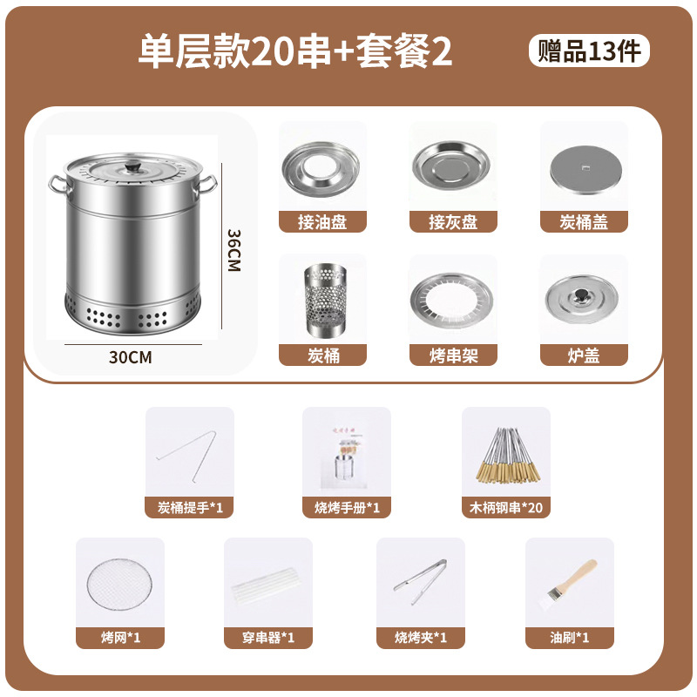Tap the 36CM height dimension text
pyautogui.click(x=233, y=251)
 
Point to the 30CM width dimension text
pyautogui.click(x=132, y=356)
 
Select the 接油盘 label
pyautogui.click(x=322, y=222)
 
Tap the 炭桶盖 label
pyautogui.click(x=584, y=222)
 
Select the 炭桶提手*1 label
pyautogui.click(x=189, y=506)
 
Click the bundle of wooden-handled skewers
pyautogui.click(x=505, y=455)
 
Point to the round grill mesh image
pyautogui.click(x=119, y=583)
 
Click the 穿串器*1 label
pyautogui.click(x=267, y=638)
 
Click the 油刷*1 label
pyautogui.click(x=570, y=638)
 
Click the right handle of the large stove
pyautogui.click(x=207, y=186)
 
